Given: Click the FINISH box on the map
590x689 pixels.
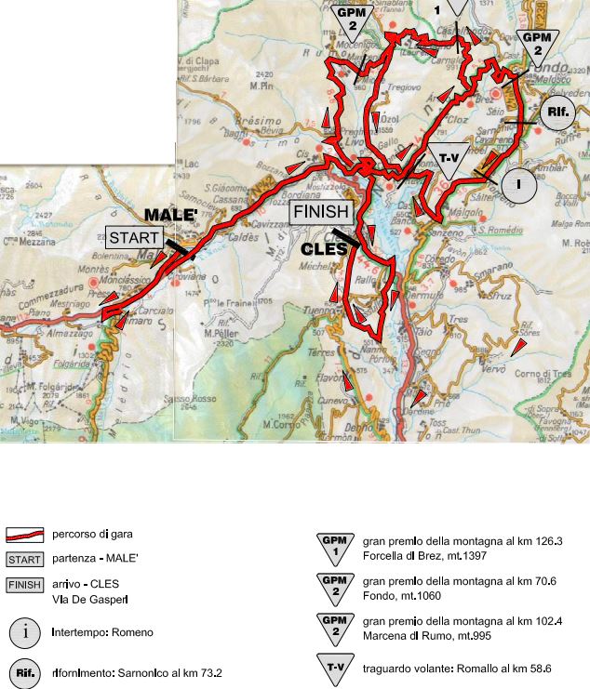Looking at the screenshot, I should coord(321,212).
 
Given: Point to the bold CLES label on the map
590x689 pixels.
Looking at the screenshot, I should coord(324,249).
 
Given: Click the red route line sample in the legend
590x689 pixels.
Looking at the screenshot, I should coord(26,535).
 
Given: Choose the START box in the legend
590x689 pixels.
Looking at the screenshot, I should coord(26,560).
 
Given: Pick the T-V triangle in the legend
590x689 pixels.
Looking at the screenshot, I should coord(332,669).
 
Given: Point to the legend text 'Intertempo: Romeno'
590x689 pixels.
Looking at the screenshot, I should coord(102,632).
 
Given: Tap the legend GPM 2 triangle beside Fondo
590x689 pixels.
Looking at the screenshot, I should coord(332,586).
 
